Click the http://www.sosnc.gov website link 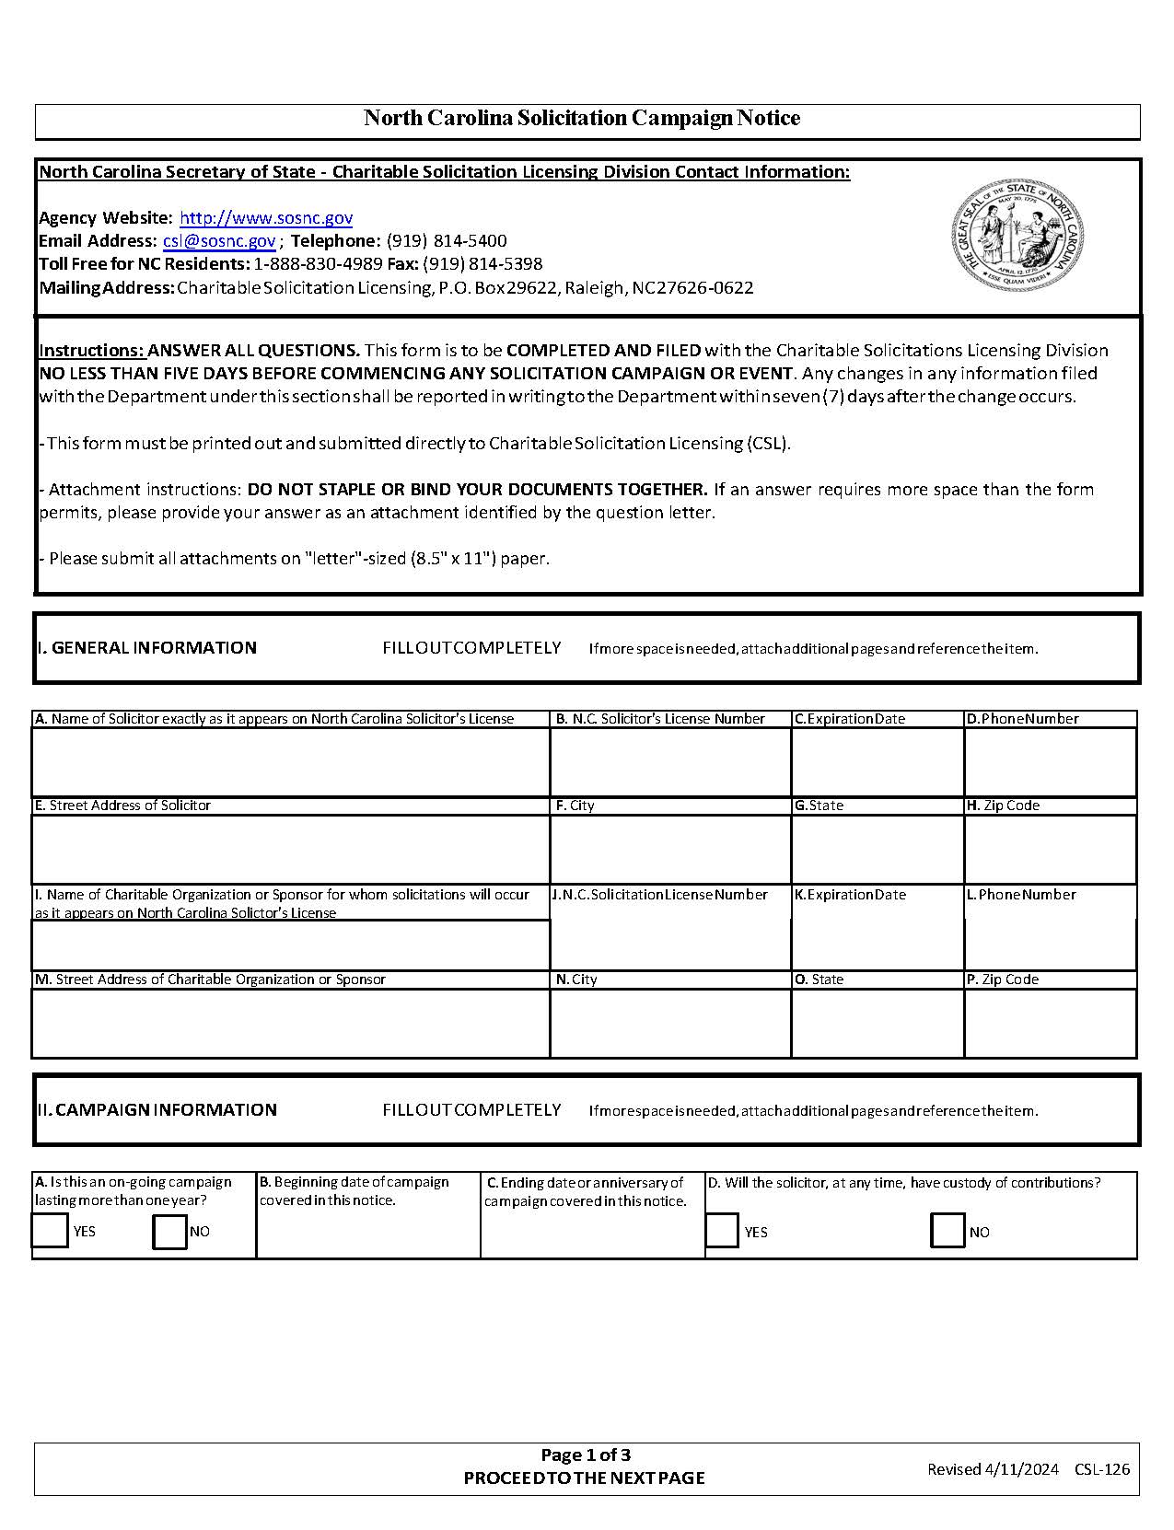[x=265, y=218]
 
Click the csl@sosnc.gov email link [x=219, y=241]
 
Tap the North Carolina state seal [x=1017, y=235]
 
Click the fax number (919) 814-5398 [x=482, y=264]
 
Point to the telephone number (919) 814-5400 [x=447, y=241]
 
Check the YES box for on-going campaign [x=51, y=1231]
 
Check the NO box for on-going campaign [x=169, y=1231]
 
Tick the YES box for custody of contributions [x=722, y=1231]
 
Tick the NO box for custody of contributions [x=947, y=1231]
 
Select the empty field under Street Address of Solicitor [x=290, y=848]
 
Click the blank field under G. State [x=877, y=848]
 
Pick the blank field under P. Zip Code [x=1050, y=1023]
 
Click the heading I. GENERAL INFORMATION [x=147, y=648]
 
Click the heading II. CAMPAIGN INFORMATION [x=157, y=1110]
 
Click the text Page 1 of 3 [x=586, y=1455]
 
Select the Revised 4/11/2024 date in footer [x=993, y=1469]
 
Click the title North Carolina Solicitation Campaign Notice [x=582, y=118]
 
